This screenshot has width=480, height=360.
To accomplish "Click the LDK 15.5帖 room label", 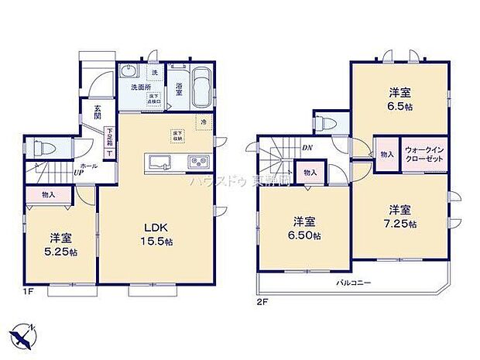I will click(x=156, y=235).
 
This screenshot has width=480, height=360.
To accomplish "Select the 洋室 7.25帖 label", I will click(x=400, y=216).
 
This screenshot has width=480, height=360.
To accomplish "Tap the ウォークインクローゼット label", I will click(x=423, y=149).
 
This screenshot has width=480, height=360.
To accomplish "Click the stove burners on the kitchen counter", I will click(x=197, y=162).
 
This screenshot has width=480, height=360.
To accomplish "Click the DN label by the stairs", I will click(x=307, y=148).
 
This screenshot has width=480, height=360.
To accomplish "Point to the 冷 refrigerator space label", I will click(x=204, y=122).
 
